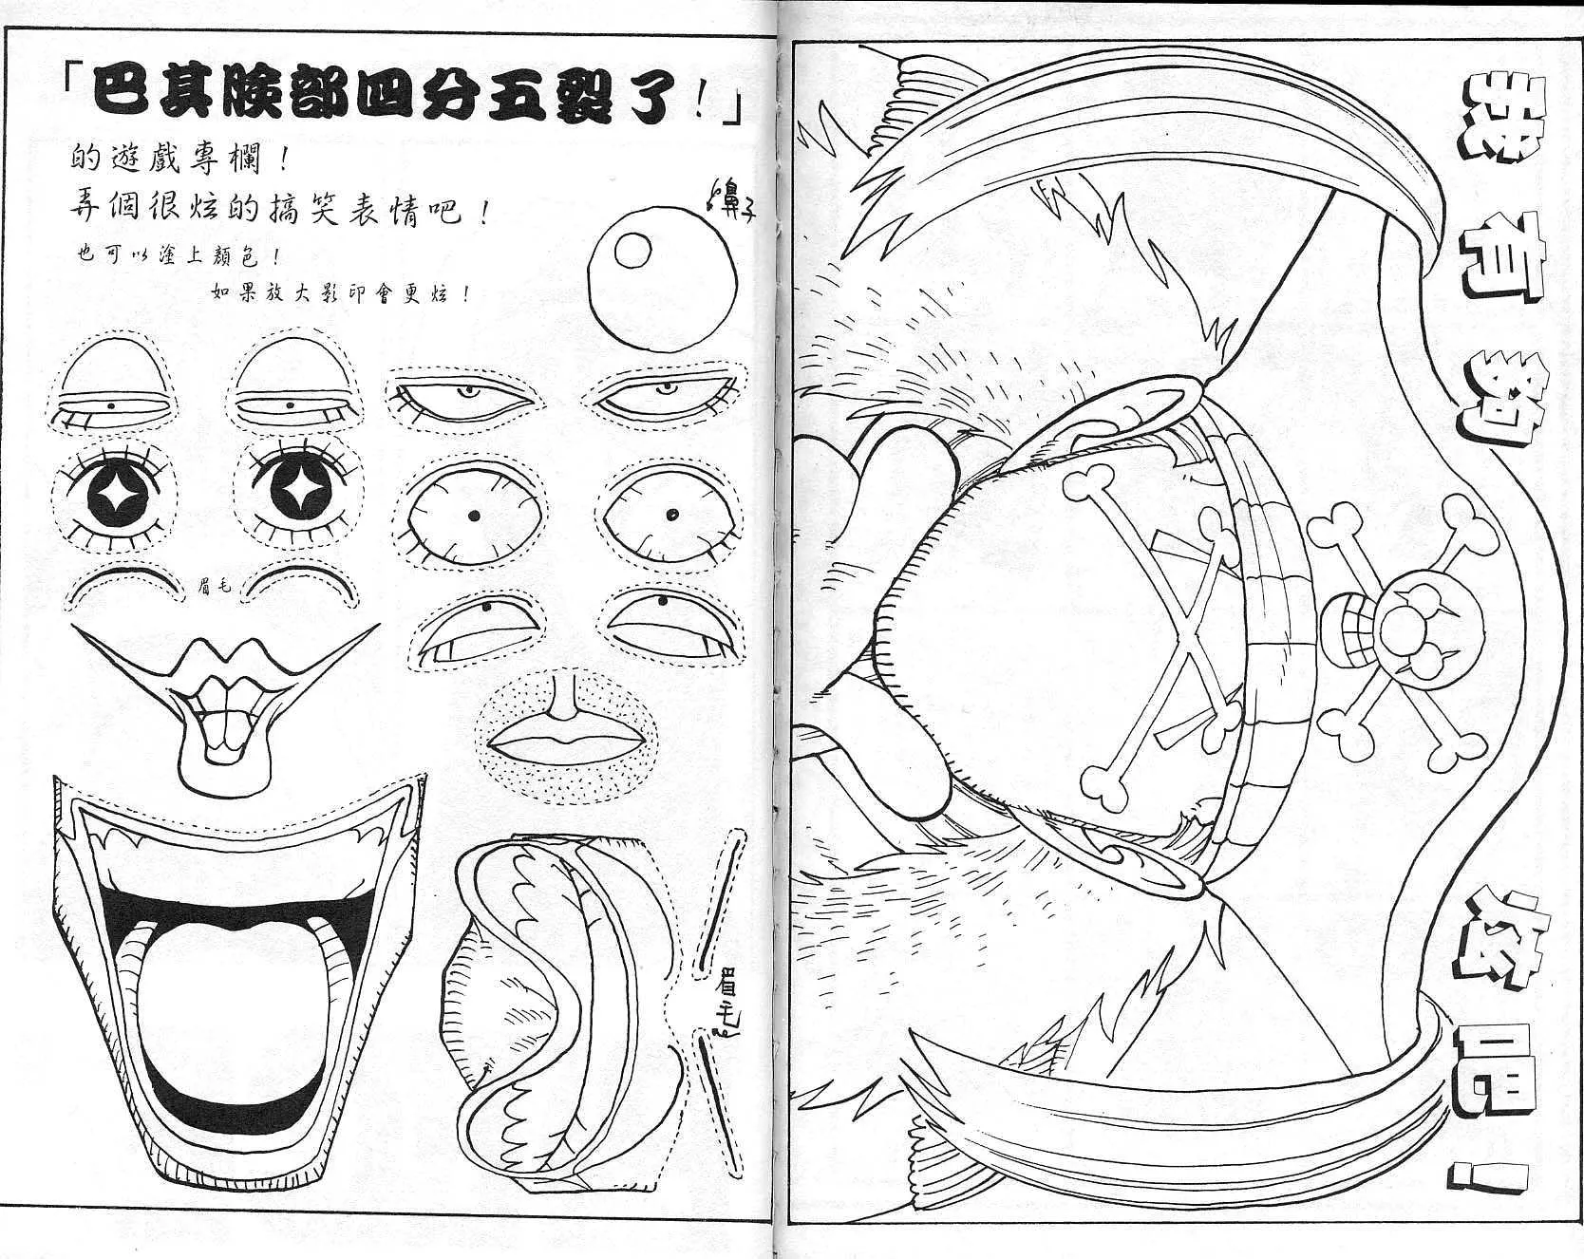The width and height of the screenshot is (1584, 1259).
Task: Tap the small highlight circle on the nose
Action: pyautogui.click(x=632, y=251)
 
